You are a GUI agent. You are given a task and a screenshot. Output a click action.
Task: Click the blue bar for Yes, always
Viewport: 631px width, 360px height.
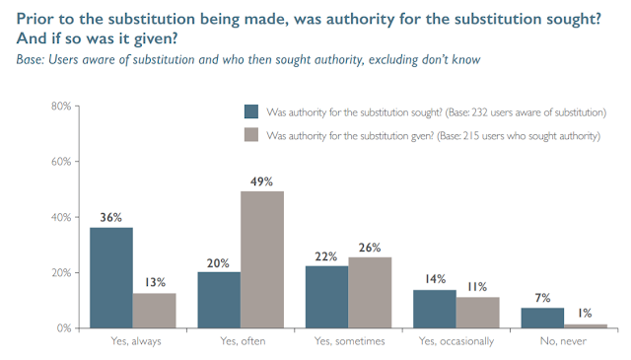pyautogui.click(x=111, y=278)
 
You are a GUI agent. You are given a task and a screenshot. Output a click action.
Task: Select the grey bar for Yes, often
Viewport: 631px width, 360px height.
pyautogui.click(x=262, y=259)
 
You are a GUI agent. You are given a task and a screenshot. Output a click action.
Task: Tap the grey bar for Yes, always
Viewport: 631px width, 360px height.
pyautogui.click(x=155, y=311)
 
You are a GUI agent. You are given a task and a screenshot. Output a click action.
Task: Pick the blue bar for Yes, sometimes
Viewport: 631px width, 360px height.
pyautogui.click(x=326, y=297)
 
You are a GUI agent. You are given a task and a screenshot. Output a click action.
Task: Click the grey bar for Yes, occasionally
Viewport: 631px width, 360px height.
pyautogui.click(x=478, y=313)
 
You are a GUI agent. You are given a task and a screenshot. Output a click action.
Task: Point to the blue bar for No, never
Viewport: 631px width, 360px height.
pyautogui.click(x=542, y=319)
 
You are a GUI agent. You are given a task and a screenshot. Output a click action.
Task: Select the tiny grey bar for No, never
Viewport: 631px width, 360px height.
pyautogui.click(x=586, y=326)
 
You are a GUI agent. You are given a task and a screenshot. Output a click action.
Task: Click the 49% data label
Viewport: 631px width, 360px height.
pyautogui.click(x=261, y=182)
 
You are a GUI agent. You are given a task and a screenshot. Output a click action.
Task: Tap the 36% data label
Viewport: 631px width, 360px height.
pyautogui.click(x=110, y=217)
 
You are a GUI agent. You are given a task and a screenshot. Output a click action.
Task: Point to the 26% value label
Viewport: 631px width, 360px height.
pyautogui.click(x=370, y=248)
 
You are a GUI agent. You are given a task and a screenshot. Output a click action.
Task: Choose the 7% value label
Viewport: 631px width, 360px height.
pyautogui.click(x=542, y=298)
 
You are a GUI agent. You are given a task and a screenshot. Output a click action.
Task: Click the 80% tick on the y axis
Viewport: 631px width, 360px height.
pyautogui.click(x=61, y=107)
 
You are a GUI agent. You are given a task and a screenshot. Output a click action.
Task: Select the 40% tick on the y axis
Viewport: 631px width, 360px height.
pyautogui.click(x=61, y=217)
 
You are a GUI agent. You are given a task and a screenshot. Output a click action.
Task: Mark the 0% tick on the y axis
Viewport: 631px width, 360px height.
pyautogui.click(x=64, y=328)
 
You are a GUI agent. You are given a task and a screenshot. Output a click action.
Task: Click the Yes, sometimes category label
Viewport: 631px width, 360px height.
pyautogui.click(x=349, y=341)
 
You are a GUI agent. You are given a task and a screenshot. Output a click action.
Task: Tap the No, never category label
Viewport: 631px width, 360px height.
pyautogui.click(x=563, y=341)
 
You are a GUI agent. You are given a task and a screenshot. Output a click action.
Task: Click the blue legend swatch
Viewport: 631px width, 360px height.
pyautogui.click(x=251, y=111)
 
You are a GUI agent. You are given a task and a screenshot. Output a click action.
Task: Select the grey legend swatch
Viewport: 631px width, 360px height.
pyautogui.click(x=251, y=135)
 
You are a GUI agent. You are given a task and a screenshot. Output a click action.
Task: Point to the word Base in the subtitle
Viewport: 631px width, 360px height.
pyautogui.click(x=30, y=59)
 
